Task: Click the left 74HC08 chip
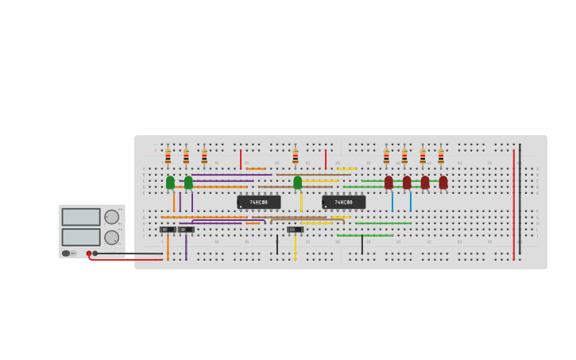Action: point(258,203)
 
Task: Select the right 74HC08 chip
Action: point(343,203)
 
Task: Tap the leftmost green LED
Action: point(170,183)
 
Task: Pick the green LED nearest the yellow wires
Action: point(297,183)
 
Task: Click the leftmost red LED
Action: point(389,183)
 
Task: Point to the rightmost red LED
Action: point(443,183)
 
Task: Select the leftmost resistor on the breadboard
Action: point(168,157)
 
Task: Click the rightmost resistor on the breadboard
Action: point(441,157)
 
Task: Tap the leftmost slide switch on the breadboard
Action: point(167,230)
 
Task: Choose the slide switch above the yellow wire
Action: point(295,230)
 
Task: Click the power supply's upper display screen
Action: point(81,217)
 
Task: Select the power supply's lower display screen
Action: point(81,237)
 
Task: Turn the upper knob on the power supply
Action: point(111,217)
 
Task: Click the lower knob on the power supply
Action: point(111,237)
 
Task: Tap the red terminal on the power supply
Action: point(89,254)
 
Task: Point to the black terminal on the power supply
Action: point(95,254)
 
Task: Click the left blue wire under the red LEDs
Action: point(392,202)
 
